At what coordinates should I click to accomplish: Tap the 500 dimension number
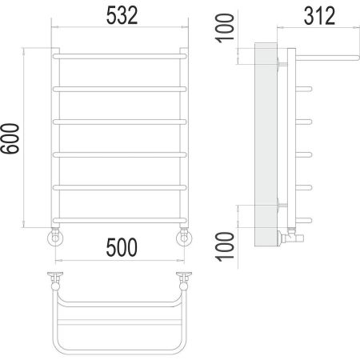121,246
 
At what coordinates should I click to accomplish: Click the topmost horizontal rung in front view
121,56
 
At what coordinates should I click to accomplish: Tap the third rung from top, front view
121,121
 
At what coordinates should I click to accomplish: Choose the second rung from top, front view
121,88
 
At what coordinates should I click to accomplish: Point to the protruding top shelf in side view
320,57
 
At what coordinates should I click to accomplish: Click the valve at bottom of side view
290,236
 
